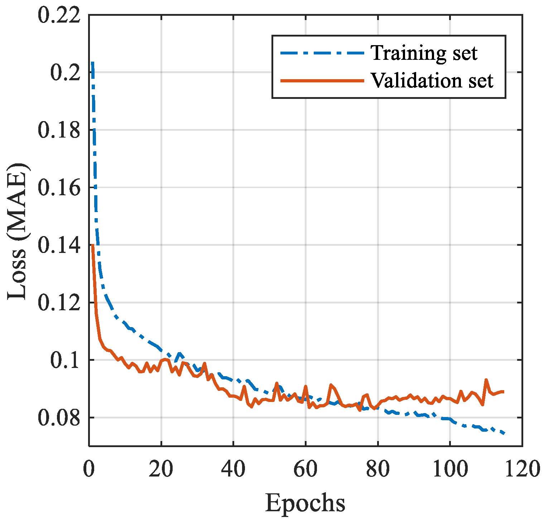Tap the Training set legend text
pyautogui.click(x=424, y=53)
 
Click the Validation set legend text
pyautogui.click(x=432, y=81)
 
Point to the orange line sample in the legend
pyautogui.click(x=322, y=81)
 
